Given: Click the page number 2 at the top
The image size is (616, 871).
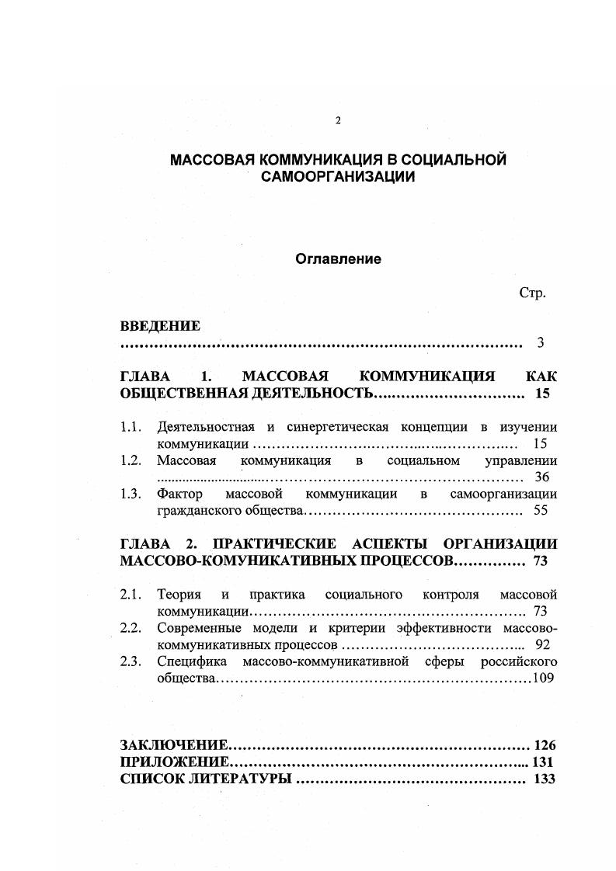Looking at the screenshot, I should [x=337, y=120].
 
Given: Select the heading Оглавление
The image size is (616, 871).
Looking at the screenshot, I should [x=338, y=259].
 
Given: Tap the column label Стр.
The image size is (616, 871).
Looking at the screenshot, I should [x=533, y=293].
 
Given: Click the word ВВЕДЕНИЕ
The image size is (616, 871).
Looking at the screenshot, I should [x=160, y=326].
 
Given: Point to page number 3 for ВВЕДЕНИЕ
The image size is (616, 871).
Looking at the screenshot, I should [x=541, y=342].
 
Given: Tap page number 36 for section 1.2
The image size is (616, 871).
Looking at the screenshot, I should [x=541, y=477].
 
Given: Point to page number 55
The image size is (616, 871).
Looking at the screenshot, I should [x=541, y=511].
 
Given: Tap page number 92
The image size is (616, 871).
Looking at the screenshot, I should [x=542, y=644].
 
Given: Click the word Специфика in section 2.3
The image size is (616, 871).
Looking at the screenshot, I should [x=192, y=661].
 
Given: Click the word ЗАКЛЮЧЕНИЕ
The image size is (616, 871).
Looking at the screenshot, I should [x=175, y=745].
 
